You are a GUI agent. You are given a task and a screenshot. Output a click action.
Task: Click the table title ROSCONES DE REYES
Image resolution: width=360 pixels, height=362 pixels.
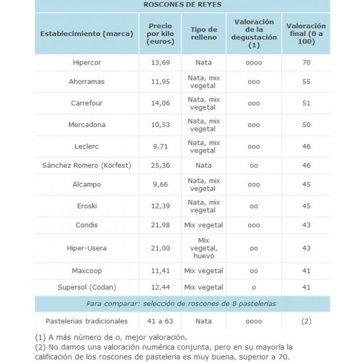182,5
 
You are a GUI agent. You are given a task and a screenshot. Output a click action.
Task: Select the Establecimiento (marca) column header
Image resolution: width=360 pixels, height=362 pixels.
86,33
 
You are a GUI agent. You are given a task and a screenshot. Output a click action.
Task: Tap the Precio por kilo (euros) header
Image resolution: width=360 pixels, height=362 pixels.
160,33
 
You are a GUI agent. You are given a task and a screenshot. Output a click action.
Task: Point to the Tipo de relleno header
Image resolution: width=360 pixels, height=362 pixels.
203,33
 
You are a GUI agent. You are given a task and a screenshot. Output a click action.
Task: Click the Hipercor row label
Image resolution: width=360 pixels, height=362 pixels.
87,62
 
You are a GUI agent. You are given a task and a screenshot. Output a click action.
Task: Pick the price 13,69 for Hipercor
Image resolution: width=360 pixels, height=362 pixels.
160,62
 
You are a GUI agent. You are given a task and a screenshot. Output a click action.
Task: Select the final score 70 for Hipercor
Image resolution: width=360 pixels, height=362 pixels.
306,62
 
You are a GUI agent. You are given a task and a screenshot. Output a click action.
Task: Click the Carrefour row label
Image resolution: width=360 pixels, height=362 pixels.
87,103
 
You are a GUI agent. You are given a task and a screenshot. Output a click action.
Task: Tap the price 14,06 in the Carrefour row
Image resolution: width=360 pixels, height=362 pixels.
160,103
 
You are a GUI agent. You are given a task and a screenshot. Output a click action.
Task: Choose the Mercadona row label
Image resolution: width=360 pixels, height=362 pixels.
87,125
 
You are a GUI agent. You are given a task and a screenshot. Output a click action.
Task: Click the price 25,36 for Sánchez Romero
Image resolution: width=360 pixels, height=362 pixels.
160,165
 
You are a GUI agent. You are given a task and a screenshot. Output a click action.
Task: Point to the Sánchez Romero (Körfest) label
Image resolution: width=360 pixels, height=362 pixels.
87,165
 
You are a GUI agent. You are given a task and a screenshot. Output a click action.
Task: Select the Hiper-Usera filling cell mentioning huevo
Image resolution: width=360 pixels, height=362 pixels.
203,248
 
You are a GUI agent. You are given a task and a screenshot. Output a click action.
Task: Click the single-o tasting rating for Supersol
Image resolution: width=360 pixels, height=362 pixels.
254,287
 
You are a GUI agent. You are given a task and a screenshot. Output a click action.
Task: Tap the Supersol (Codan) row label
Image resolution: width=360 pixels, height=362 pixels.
87,287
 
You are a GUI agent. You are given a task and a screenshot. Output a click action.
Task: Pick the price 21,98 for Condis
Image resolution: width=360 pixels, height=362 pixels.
160,225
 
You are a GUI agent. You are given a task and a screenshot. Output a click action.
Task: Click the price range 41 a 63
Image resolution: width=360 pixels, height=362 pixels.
160,321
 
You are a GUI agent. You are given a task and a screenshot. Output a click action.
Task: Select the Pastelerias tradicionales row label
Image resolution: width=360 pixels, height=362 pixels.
87,321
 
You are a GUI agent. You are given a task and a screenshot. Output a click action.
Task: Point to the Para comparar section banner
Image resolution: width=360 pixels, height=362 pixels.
182,303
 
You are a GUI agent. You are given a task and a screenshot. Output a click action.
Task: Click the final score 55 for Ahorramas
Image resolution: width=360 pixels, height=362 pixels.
306,82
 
